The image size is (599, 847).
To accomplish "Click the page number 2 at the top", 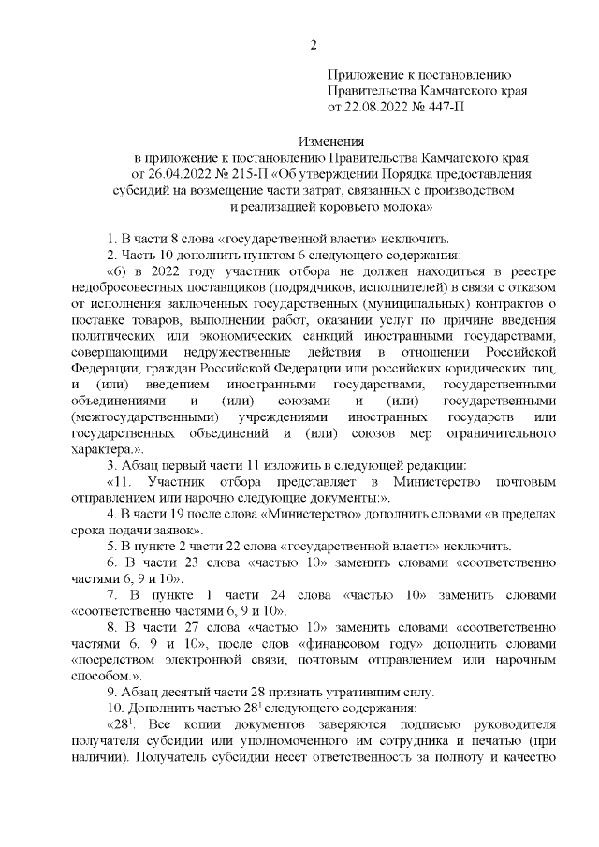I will [x=314, y=45].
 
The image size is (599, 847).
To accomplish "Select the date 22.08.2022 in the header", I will [x=377, y=108].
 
